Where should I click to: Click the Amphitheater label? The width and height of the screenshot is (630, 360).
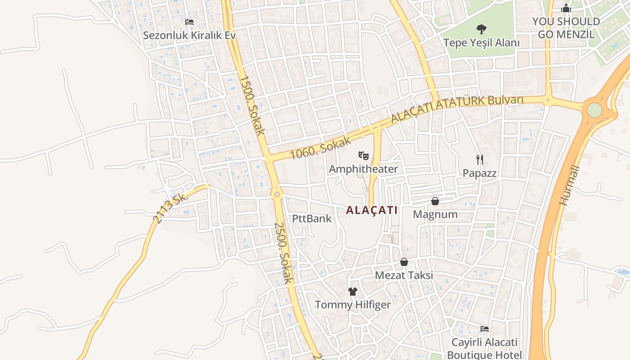click(363, 169)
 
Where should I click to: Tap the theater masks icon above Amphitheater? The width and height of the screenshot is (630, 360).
click(364, 156)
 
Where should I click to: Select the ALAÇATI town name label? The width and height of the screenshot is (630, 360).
click(372, 210)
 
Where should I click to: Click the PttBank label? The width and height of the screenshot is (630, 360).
click(312, 219)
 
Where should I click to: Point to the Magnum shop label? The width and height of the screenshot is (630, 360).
click(435, 214)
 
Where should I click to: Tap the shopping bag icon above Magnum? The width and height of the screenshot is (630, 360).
click(435, 201)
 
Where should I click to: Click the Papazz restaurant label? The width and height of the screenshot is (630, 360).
click(480, 173)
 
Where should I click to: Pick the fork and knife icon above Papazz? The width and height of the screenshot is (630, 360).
click(480, 159)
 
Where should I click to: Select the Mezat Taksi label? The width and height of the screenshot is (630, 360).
click(404, 275)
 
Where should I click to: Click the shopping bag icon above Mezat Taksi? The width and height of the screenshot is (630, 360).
click(404, 262)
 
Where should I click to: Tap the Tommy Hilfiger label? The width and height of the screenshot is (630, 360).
click(353, 305)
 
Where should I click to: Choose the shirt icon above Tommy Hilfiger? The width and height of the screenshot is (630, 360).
click(353, 292)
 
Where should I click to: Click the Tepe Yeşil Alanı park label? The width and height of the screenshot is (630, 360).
click(481, 43)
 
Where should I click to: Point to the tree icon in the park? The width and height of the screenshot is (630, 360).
click(481, 29)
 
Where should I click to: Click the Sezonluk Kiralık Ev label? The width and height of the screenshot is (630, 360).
click(189, 35)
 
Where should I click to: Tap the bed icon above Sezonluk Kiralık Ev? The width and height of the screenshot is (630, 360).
click(189, 22)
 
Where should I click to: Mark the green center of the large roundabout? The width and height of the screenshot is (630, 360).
click(594, 110)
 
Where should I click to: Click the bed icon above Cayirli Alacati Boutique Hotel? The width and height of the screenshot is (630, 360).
click(485, 329)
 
